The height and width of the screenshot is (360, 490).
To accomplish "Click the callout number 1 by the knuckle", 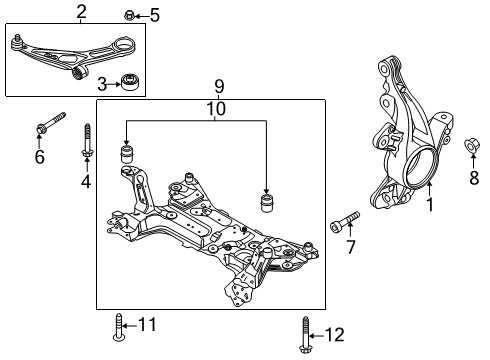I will coord(430,206).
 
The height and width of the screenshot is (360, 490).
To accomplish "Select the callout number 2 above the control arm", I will coord(81,11).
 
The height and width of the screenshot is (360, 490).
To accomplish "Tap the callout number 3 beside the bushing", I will coord(103,81).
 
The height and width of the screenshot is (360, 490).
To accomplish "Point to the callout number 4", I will coord(86,181).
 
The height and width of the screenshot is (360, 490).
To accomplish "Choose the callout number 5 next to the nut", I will coord(154,15).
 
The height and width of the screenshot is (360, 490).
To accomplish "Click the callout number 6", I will coord(40,157).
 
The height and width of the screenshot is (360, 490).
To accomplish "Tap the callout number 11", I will coord(147,324).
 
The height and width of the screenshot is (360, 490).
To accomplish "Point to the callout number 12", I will coord(333,333).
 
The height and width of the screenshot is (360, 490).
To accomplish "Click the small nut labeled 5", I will coord(131,14).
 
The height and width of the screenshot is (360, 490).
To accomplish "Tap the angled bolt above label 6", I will coord(49,124).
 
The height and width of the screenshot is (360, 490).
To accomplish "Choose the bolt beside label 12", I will coord(302,334).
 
